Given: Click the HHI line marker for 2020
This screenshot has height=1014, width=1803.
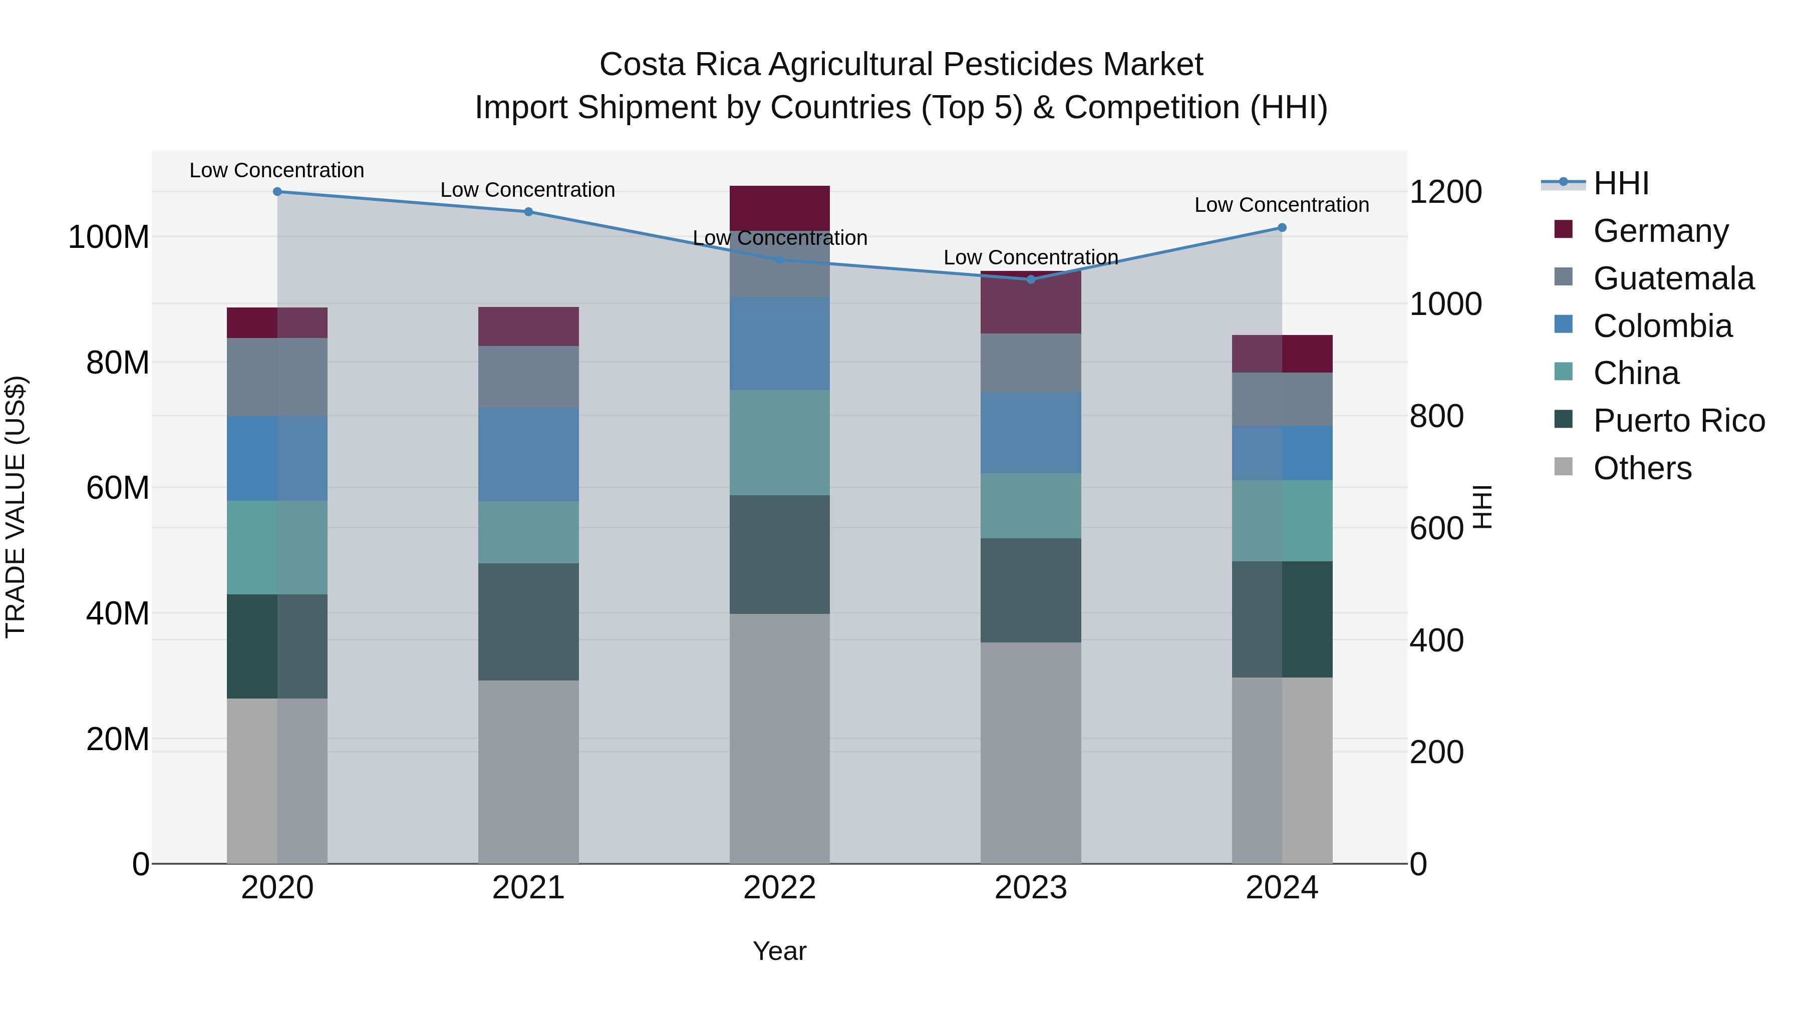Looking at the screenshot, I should [x=277, y=191].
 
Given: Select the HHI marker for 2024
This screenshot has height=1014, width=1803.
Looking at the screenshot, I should [x=1282, y=227].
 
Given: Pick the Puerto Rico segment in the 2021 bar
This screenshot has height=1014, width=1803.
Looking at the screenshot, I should [x=528, y=621].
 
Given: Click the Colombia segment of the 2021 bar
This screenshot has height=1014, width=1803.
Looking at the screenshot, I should [x=528, y=454].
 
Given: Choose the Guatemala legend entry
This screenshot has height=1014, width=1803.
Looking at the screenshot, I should [x=1673, y=278].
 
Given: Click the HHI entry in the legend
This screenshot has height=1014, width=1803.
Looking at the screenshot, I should [x=1620, y=183].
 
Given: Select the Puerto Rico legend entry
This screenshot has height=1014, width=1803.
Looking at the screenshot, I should [x=1678, y=421].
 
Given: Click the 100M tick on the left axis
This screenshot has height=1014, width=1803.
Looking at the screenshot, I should [x=109, y=237].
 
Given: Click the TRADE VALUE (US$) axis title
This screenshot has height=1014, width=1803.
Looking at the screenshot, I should [x=16, y=507].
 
